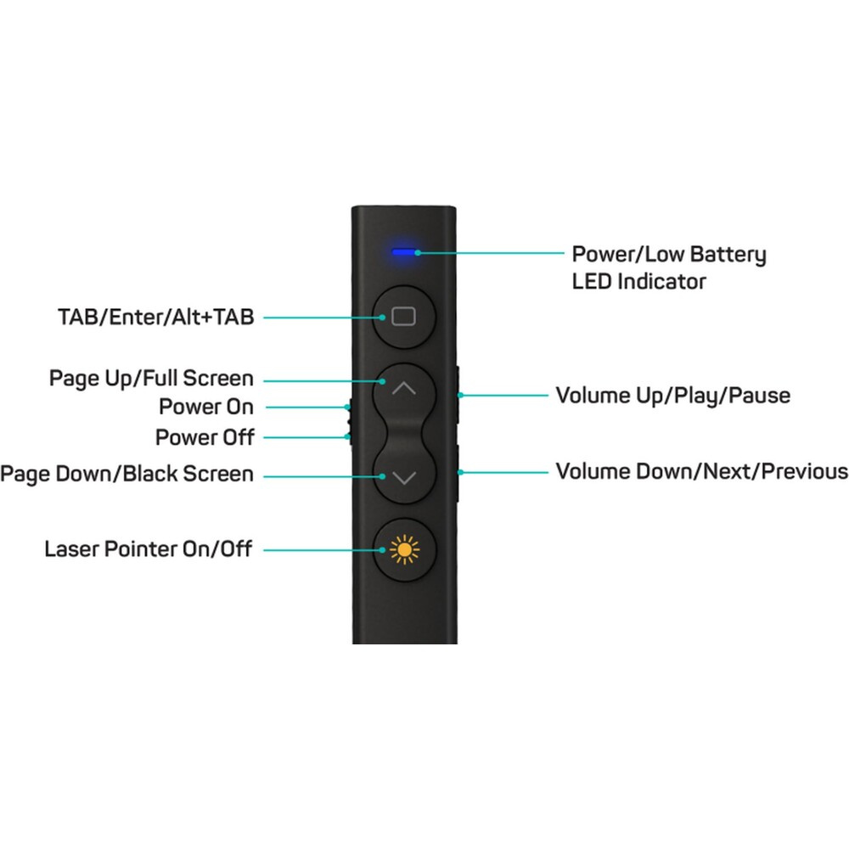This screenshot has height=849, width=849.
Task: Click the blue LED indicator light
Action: pyautogui.click(x=403, y=252)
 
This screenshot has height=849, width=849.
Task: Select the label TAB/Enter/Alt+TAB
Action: pyautogui.click(x=155, y=318)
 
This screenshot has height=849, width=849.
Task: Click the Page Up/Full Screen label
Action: pyautogui.click(x=151, y=378)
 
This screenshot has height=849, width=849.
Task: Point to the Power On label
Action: pyautogui.click(x=206, y=407)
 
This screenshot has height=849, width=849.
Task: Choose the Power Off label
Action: pyautogui.click(x=205, y=438)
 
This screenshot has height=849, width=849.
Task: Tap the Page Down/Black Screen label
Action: pyautogui.click(x=127, y=473)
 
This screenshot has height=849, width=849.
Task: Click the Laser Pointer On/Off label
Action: pyautogui.click(x=149, y=549)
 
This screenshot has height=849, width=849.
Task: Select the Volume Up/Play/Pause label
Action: pyautogui.click(x=672, y=396)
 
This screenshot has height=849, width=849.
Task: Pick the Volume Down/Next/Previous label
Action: pyautogui.click(x=701, y=471)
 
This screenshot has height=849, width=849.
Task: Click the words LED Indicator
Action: pyautogui.click(x=638, y=281)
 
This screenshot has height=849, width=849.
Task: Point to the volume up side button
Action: pyautogui.click(x=458, y=395)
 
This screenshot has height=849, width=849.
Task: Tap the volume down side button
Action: pyautogui.click(x=458, y=471)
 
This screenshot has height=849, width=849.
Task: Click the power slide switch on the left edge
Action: pyautogui.click(x=350, y=422)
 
